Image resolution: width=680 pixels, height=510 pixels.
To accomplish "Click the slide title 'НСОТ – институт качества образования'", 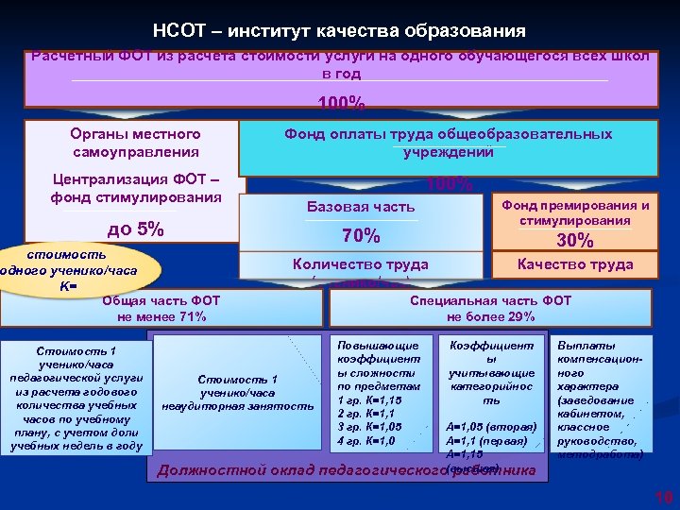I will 339,31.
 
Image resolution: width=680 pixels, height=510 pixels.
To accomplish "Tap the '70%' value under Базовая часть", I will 361,235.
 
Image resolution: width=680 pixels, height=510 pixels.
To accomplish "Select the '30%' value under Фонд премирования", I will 574,240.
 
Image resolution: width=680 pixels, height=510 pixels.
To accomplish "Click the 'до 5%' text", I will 136,229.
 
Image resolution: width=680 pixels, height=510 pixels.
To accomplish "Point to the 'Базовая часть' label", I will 361,207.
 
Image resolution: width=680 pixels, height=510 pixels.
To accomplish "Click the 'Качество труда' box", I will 574,264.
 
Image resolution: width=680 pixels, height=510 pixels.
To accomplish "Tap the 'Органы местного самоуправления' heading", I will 135,143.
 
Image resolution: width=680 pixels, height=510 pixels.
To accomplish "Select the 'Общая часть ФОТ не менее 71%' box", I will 161,308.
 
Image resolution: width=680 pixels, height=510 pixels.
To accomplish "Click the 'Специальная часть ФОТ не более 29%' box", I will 489,308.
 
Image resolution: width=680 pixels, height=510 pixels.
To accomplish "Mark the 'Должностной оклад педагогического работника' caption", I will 345,469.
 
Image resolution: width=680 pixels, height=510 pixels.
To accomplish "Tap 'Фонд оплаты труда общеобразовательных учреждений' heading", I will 449,144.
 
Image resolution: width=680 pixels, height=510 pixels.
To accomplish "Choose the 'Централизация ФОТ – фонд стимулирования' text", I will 135,189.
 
